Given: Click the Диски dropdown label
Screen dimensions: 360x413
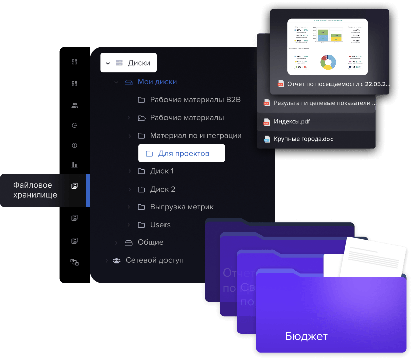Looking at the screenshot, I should click(139, 63).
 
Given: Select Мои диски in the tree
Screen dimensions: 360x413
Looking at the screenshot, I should click(157, 82).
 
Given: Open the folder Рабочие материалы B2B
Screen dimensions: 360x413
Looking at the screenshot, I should click(195, 100).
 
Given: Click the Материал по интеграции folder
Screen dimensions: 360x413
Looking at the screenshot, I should click(196, 136).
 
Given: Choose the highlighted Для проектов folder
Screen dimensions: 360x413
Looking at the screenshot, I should click(184, 153).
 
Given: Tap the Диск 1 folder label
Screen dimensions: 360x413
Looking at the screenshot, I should click(162, 171).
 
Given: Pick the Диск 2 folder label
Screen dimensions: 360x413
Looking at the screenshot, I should click(162, 189).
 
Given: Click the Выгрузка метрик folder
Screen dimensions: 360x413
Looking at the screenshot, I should click(182, 207).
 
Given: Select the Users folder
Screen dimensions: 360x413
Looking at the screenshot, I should click(160, 225).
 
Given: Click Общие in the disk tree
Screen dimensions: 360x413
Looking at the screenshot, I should click(150, 242).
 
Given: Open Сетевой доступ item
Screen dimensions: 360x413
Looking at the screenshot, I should click(154, 260).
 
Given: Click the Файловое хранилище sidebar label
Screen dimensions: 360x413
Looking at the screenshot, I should click(35, 190).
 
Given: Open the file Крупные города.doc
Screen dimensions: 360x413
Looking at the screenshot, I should click(303, 139).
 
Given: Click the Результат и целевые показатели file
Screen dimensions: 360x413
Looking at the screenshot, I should click(325, 103).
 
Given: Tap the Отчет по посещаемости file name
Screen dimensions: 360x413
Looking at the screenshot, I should click(339, 84).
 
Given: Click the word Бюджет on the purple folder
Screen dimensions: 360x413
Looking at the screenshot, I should click(306, 336).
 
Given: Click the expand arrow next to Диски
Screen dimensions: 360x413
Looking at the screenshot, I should click(108, 63).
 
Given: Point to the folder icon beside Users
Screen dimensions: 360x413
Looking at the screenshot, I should click(141, 225).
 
